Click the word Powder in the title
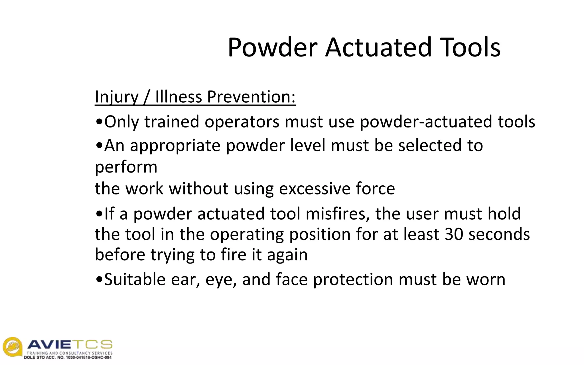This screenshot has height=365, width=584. (272, 47)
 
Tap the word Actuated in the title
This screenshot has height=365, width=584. (378, 47)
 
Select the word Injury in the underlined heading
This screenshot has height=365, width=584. (116, 97)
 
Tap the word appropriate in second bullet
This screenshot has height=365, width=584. (175, 145)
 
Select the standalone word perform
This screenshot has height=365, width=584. (126, 167)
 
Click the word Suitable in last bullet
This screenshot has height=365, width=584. (135, 279)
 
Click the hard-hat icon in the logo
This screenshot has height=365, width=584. (12, 346)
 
